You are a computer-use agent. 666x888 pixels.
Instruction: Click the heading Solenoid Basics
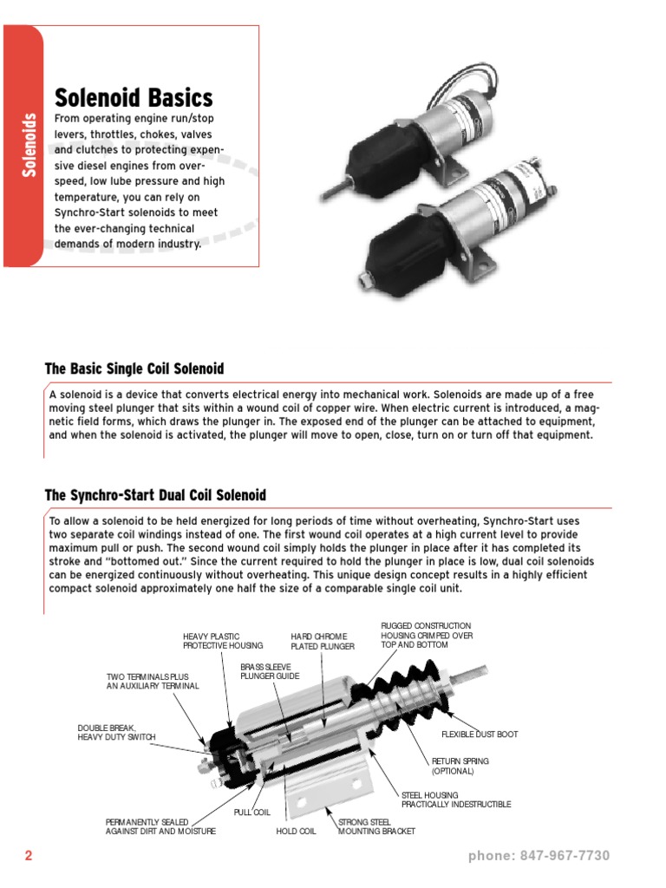(x=134, y=97)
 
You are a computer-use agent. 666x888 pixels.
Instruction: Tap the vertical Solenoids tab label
(x=29, y=145)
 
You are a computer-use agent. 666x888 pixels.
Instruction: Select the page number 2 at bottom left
(x=28, y=856)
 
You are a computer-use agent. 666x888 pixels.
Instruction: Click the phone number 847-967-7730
(x=539, y=856)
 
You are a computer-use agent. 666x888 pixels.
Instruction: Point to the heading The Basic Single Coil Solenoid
(x=134, y=369)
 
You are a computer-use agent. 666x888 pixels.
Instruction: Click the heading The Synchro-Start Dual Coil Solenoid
(x=155, y=495)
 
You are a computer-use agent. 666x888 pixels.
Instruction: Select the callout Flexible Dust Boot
(x=480, y=735)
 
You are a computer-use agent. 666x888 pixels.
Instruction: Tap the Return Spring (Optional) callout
(x=460, y=766)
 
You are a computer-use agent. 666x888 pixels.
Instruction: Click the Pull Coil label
(x=252, y=813)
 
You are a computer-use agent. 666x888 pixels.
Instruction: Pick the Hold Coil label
(x=296, y=831)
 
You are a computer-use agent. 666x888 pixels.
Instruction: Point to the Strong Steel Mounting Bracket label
(x=376, y=826)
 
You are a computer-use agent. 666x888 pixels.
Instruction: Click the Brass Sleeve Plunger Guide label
(x=269, y=670)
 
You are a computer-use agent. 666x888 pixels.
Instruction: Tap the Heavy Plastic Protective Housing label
(x=211, y=641)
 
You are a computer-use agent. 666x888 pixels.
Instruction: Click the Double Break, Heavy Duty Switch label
(x=116, y=733)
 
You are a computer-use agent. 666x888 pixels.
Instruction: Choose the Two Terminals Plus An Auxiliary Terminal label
(x=153, y=681)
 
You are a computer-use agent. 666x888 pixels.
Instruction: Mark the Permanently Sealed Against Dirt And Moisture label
(x=160, y=826)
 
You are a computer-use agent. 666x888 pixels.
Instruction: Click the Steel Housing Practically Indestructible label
(x=455, y=800)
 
